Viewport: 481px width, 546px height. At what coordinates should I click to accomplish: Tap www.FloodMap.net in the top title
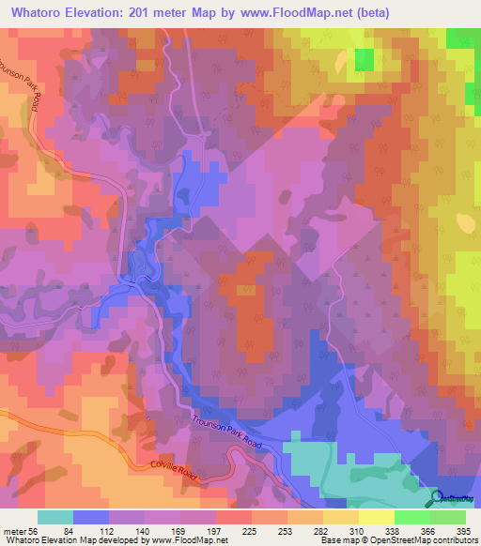point(294,13)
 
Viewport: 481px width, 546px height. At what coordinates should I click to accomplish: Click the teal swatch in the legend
point(54,518)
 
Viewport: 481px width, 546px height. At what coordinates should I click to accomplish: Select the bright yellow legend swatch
point(376,518)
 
